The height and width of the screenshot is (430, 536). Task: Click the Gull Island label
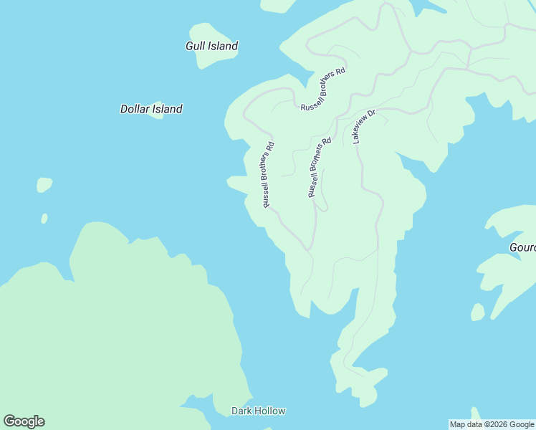tap(211, 46)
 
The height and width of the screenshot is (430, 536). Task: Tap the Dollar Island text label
tap(150, 109)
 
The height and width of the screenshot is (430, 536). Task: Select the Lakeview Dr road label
tap(363, 127)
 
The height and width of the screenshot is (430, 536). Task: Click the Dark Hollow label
tap(258, 411)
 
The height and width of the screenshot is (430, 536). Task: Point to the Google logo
tap(24, 421)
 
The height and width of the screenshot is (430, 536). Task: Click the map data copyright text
tap(492, 424)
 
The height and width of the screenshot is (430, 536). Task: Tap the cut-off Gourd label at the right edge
tap(522, 247)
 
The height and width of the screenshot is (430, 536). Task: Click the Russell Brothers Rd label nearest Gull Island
tap(323, 89)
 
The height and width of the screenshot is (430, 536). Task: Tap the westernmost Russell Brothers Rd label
tap(268, 175)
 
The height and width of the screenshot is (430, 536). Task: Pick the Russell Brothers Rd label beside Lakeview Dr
tap(320, 168)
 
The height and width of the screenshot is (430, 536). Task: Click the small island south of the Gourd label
tap(478, 312)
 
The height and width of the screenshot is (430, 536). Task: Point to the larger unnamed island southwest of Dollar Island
tap(44, 185)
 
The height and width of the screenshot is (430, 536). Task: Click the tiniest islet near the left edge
tap(44, 219)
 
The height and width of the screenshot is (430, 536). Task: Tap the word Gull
tap(196, 46)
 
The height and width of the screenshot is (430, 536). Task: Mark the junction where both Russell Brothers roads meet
tap(309, 249)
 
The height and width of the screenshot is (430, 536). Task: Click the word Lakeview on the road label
tap(361, 130)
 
